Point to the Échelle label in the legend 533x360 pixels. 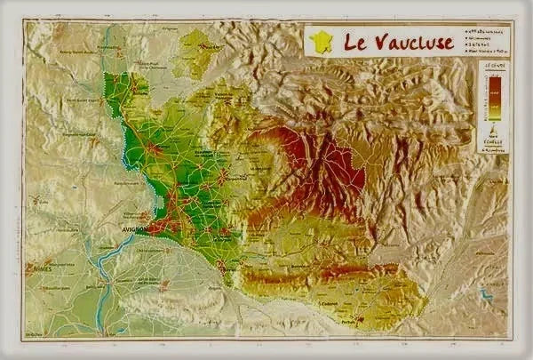coord(494,141)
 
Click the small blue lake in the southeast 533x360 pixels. coord(486,293)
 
